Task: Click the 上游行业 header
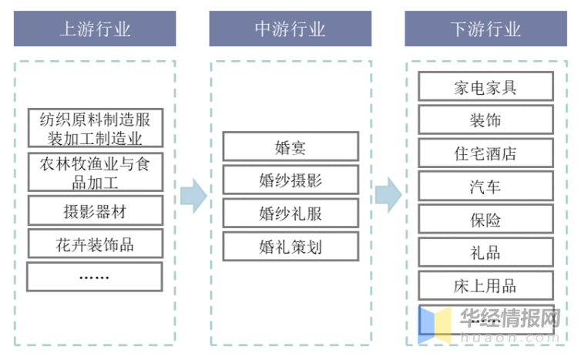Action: click(x=95, y=29)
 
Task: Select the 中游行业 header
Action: click(x=290, y=29)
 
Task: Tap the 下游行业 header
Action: click(x=486, y=29)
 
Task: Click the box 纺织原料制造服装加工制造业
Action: click(x=95, y=129)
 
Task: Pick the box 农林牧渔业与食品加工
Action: click(x=95, y=173)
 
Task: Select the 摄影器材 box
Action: click(x=95, y=210)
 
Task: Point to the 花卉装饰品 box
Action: click(x=95, y=244)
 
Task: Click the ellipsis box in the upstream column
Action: click(x=95, y=277)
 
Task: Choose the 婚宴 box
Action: click(x=291, y=146)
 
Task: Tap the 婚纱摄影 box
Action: click(x=291, y=180)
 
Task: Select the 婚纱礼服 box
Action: click(x=291, y=213)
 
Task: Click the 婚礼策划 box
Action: click(x=291, y=246)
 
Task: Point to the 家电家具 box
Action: click(x=486, y=86)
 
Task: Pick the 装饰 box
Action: click(x=486, y=119)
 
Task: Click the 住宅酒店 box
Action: click(x=486, y=153)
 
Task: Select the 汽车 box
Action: click(x=486, y=186)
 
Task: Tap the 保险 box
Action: click(x=486, y=219)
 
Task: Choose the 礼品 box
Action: click(x=486, y=252)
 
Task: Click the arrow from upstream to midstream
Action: click(x=193, y=196)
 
